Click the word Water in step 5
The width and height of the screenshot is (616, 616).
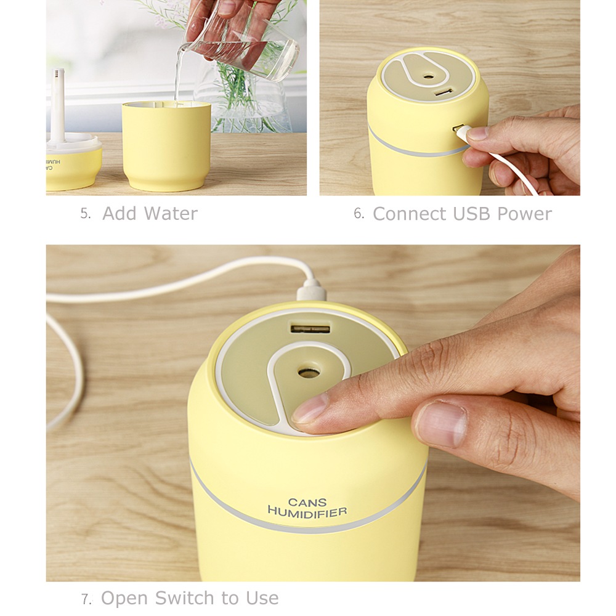(171, 213)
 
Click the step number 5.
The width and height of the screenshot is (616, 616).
(86, 214)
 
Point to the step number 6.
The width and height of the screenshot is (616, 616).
(359, 213)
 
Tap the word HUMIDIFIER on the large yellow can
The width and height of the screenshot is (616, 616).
(307, 512)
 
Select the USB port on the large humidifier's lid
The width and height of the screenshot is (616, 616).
(310, 328)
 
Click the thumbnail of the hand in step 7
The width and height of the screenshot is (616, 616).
(441, 424)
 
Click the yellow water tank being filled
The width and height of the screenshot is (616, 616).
(166, 147)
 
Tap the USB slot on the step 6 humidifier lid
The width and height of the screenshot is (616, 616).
(444, 93)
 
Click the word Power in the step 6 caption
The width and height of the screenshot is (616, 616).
(524, 214)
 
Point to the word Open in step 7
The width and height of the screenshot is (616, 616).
(125, 599)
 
